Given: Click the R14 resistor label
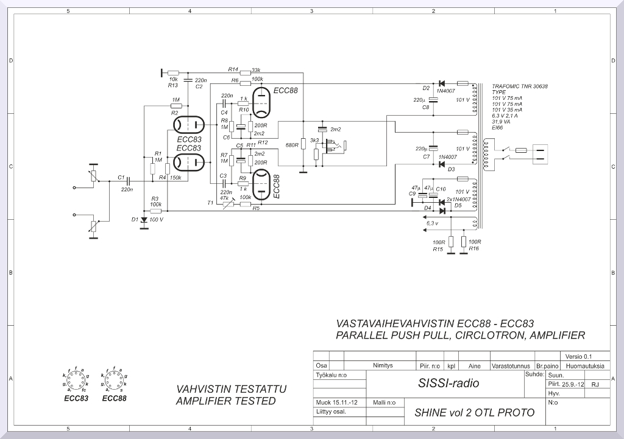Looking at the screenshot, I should pos(233,69).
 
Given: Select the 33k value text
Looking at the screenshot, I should pos(256,69).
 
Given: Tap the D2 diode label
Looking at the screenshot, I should pos(426,88).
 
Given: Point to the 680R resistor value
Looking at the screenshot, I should pos(291,146).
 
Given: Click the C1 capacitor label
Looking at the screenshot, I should pos(121,178).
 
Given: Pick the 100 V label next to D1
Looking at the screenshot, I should pos(157,219).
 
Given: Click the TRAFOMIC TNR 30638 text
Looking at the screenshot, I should pos(519,87).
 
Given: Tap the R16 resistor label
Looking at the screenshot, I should pos(475,249).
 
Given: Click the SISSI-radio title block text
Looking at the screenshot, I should pos(448,384).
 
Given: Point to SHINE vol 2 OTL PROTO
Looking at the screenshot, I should pos(474,413).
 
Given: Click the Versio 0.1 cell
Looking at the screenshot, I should pos(578,356).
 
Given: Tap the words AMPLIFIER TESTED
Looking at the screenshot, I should pos(225,401).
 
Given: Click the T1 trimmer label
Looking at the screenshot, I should pos(210,202).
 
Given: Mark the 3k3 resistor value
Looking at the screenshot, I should pos(314,141).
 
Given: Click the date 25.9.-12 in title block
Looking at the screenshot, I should pos(573,384).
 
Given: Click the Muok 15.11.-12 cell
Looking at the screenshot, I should pos(337,402).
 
